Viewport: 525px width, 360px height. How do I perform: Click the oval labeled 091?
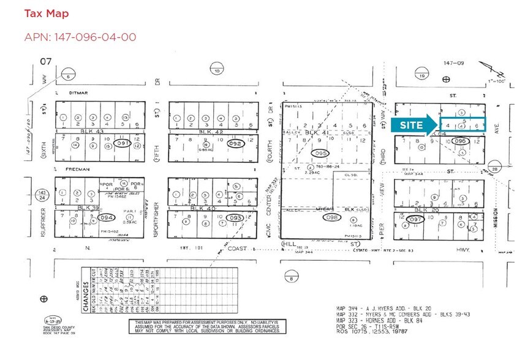(123, 143)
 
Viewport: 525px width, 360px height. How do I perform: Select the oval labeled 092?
(233, 143)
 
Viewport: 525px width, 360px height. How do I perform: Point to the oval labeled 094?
(107, 217)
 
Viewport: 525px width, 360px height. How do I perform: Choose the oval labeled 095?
(319, 153)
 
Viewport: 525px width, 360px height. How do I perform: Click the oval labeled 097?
(416, 220)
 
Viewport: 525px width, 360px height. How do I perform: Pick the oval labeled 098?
(331, 218)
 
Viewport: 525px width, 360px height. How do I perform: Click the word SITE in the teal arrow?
(412, 125)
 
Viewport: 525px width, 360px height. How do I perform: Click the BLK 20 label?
(439, 209)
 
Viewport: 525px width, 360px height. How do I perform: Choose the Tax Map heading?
(47, 13)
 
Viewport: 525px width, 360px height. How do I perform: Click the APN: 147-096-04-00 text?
(80, 37)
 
